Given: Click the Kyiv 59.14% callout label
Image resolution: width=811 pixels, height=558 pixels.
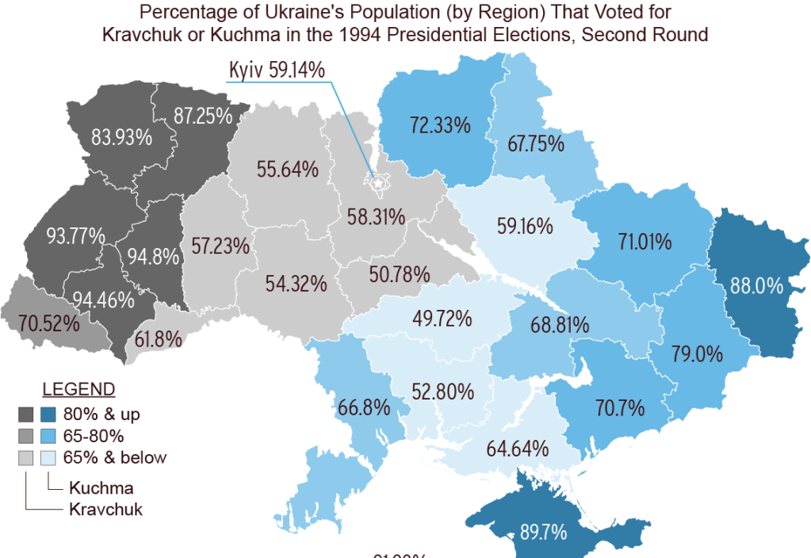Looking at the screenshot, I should [277, 70].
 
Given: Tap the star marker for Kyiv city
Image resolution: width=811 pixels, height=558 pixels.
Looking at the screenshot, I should [378, 183].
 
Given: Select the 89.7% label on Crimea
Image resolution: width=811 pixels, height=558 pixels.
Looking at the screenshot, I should [543, 532].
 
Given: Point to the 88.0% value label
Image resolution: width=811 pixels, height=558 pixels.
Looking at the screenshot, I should [756, 286].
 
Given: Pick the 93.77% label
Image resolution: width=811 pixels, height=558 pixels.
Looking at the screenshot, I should [76, 236].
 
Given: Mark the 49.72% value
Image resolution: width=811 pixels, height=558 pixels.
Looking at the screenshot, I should [442, 319].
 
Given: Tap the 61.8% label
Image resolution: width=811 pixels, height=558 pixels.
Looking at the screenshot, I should [159, 340].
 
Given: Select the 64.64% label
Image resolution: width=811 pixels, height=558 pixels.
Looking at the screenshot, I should [518, 448].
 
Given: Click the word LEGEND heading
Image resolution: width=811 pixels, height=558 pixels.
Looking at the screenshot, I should [78, 390].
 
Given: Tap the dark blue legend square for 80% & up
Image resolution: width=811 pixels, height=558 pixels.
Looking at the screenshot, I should [48, 415].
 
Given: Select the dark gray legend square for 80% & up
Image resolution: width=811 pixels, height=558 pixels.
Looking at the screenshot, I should [26, 415].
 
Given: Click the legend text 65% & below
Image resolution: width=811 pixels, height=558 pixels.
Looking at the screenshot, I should [114, 457].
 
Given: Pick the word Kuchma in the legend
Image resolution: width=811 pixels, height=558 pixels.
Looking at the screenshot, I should [100, 487].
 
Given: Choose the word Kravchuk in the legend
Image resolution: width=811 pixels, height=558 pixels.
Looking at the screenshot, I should [105, 509].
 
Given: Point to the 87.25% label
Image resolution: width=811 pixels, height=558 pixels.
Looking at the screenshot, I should [203, 116].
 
